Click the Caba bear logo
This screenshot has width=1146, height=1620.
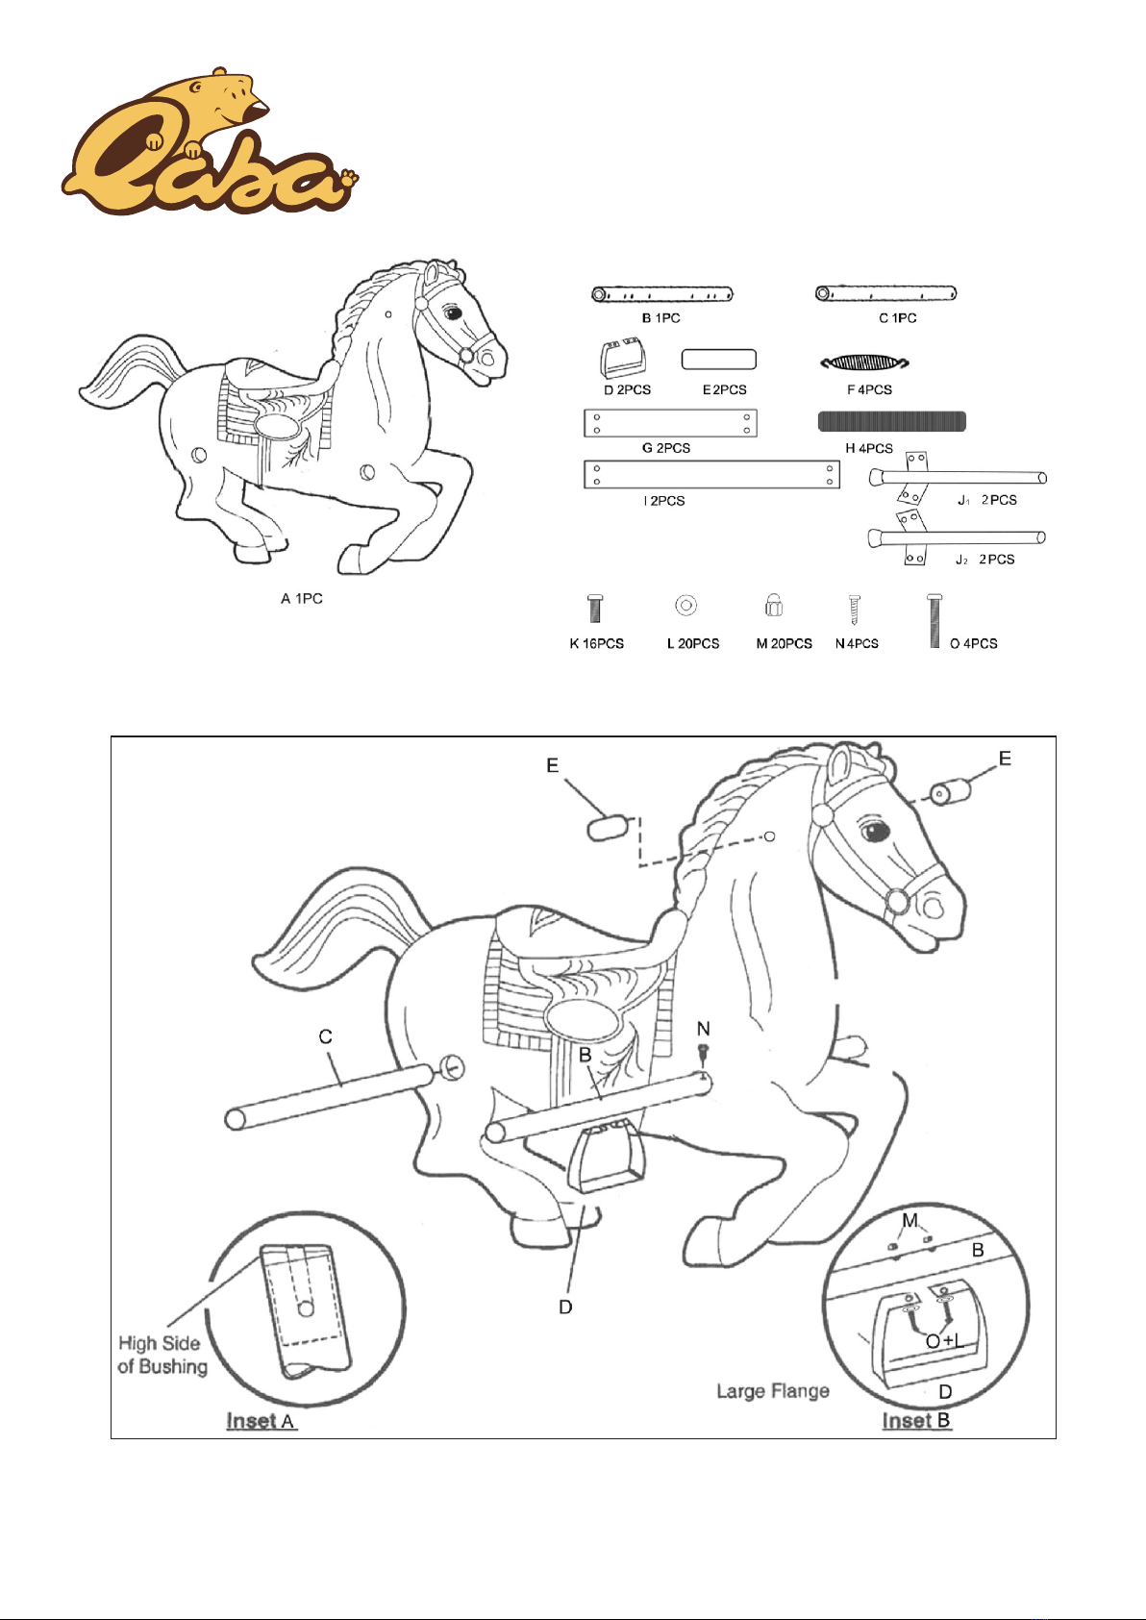coord(210,142)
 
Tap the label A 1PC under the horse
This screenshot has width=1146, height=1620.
coord(302,599)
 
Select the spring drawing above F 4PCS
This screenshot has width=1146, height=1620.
coord(864,362)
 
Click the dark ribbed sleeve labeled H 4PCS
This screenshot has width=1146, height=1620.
coord(891,421)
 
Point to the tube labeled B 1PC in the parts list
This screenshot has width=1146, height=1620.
coord(662,294)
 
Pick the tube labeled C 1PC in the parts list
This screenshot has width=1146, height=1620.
coord(885,293)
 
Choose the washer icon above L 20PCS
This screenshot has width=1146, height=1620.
coord(685,605)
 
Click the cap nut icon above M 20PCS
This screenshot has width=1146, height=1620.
coord(774,605)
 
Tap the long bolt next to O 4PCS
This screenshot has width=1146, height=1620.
coord(934,620)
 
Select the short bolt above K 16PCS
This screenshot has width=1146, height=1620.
coord(595,609)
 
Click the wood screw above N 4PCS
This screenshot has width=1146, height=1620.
coord(854,609)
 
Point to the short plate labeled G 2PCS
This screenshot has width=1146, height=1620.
coord(670,423)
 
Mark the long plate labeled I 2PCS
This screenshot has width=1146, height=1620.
coord(711,474)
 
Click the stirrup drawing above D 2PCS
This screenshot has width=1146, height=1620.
coord(623,358)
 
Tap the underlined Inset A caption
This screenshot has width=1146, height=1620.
coord(261,1421)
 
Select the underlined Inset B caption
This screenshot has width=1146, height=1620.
coord(916,1420)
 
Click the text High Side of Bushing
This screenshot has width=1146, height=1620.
coord(162,1355)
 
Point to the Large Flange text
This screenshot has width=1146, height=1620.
coord(773,1391)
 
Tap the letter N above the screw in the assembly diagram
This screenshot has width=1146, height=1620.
coord(704,1029)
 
